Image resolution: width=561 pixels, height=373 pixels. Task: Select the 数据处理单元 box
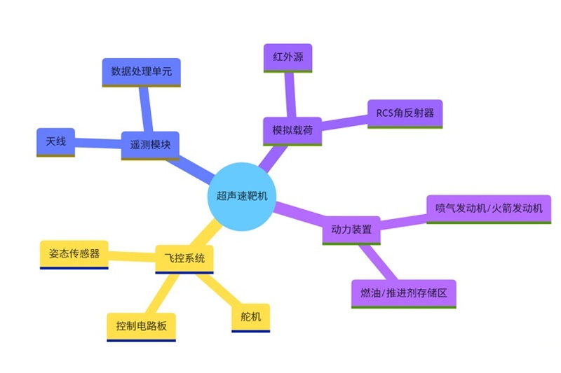tap(142, 71)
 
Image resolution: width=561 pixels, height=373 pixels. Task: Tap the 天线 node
tap(55, 142)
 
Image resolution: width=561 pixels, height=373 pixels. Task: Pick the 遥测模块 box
tap(150, 145)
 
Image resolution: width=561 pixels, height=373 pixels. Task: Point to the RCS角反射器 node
tap(405, 113)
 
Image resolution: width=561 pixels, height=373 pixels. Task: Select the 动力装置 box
tap(351, 230)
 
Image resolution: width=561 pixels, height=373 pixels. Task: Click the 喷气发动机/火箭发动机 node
tap(489, 209)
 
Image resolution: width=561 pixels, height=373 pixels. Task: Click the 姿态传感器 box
tap(74, 253)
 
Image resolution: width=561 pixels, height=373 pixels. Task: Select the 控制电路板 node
tap(141, 326)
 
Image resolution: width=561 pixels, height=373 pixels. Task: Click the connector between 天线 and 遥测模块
tap(97, 143)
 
